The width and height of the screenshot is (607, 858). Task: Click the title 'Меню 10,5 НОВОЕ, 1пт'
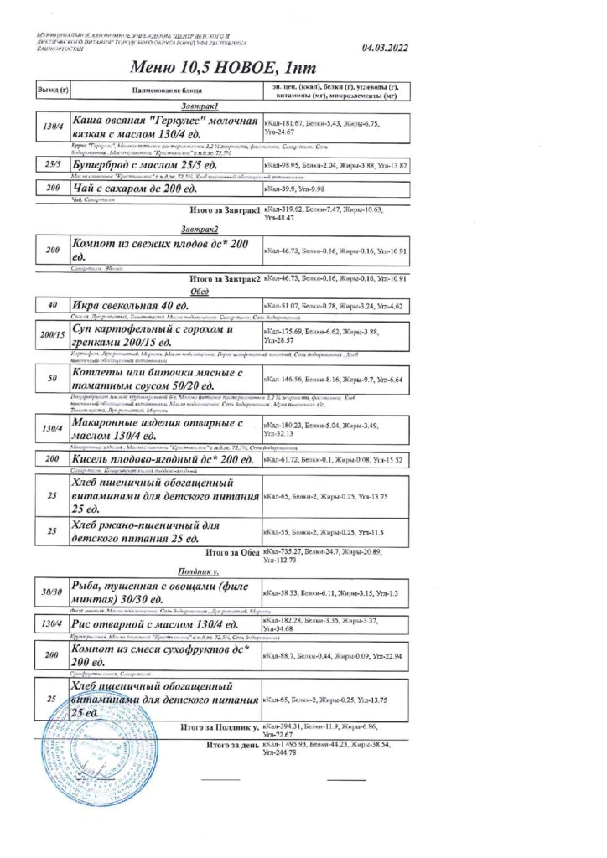[224, 68]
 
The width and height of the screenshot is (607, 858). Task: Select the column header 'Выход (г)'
[52, 90]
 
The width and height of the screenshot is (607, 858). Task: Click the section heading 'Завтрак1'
[200, 107]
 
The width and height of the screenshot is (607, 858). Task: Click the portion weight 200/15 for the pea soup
[52, 336]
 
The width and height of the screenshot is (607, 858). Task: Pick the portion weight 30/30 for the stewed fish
[52, 592]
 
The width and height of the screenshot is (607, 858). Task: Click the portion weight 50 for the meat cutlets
[52, 379]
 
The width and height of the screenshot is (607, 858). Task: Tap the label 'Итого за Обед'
[231, 553]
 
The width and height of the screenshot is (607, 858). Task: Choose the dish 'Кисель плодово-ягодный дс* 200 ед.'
[163, 460]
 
